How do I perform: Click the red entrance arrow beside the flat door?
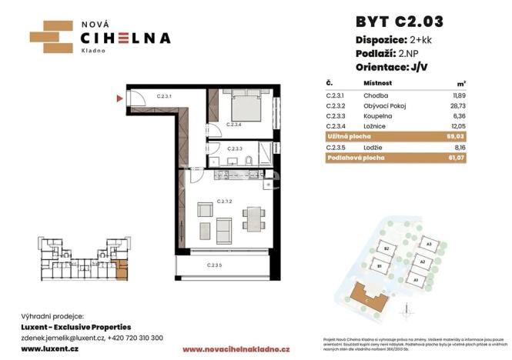[119, 98]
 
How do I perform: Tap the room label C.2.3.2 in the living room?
[225, 202]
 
